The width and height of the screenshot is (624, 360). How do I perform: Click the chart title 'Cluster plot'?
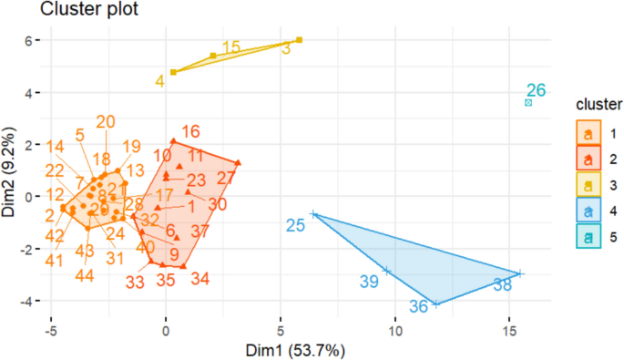coord(56,11)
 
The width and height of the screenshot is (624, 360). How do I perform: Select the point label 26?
coord(536,90)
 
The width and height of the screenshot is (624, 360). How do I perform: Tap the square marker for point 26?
coord(528,103)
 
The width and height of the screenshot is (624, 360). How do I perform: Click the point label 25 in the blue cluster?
coord(296,224)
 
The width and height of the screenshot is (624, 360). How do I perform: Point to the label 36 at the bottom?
coord(418,307)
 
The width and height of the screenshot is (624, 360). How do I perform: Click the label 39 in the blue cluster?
coord(369,282)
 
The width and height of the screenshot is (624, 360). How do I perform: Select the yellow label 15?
coord(231,46)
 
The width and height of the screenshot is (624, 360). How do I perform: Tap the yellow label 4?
coord(159,81)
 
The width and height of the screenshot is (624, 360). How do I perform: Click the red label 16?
coord(190,132)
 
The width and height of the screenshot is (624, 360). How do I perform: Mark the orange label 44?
coord(85,275)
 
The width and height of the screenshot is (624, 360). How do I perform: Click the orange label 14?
coord(55,147)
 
